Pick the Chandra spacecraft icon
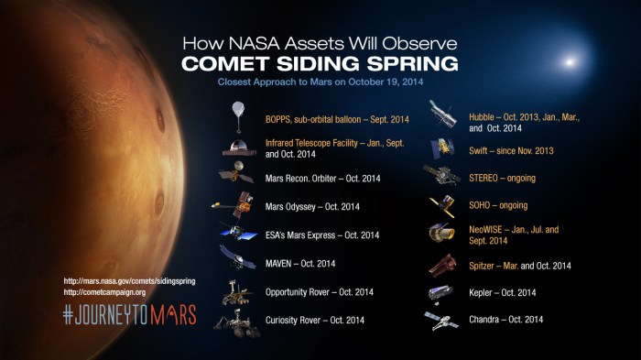pyautogui.click(x=440, y=320)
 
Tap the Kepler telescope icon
pyautogui.click(x=441, y=292)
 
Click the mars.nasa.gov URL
pyautogui.click(x=129, y=280)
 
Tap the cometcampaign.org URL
pyautogui.click(x=105, y=292)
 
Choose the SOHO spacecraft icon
pyautogui.click(x=442, y=205)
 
